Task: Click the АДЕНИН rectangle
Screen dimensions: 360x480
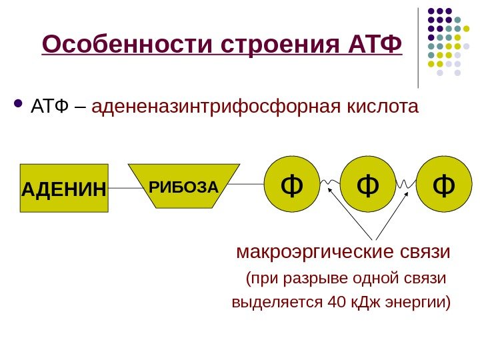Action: (64, 188)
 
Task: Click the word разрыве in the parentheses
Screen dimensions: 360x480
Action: (312, 277)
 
